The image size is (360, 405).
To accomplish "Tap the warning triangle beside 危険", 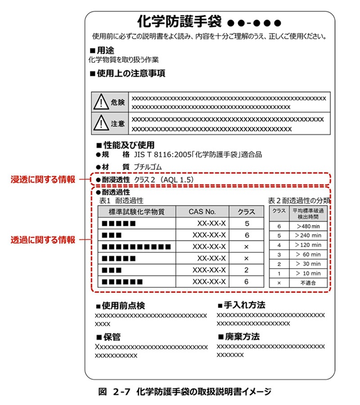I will tap(100, 103).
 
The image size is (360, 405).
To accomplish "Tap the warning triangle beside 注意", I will tap(100, 123).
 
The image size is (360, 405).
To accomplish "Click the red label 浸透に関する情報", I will tap(43, 180).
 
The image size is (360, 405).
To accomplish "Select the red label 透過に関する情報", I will tap(43, 240).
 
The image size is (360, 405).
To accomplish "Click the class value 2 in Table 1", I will tap(247, 270).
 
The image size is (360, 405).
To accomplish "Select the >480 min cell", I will tap(308, 226).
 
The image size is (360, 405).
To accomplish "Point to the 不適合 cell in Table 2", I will tap(308, 283).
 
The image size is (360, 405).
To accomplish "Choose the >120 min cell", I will tap(308, 245).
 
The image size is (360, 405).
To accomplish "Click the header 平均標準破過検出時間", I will tap(308, 212).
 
